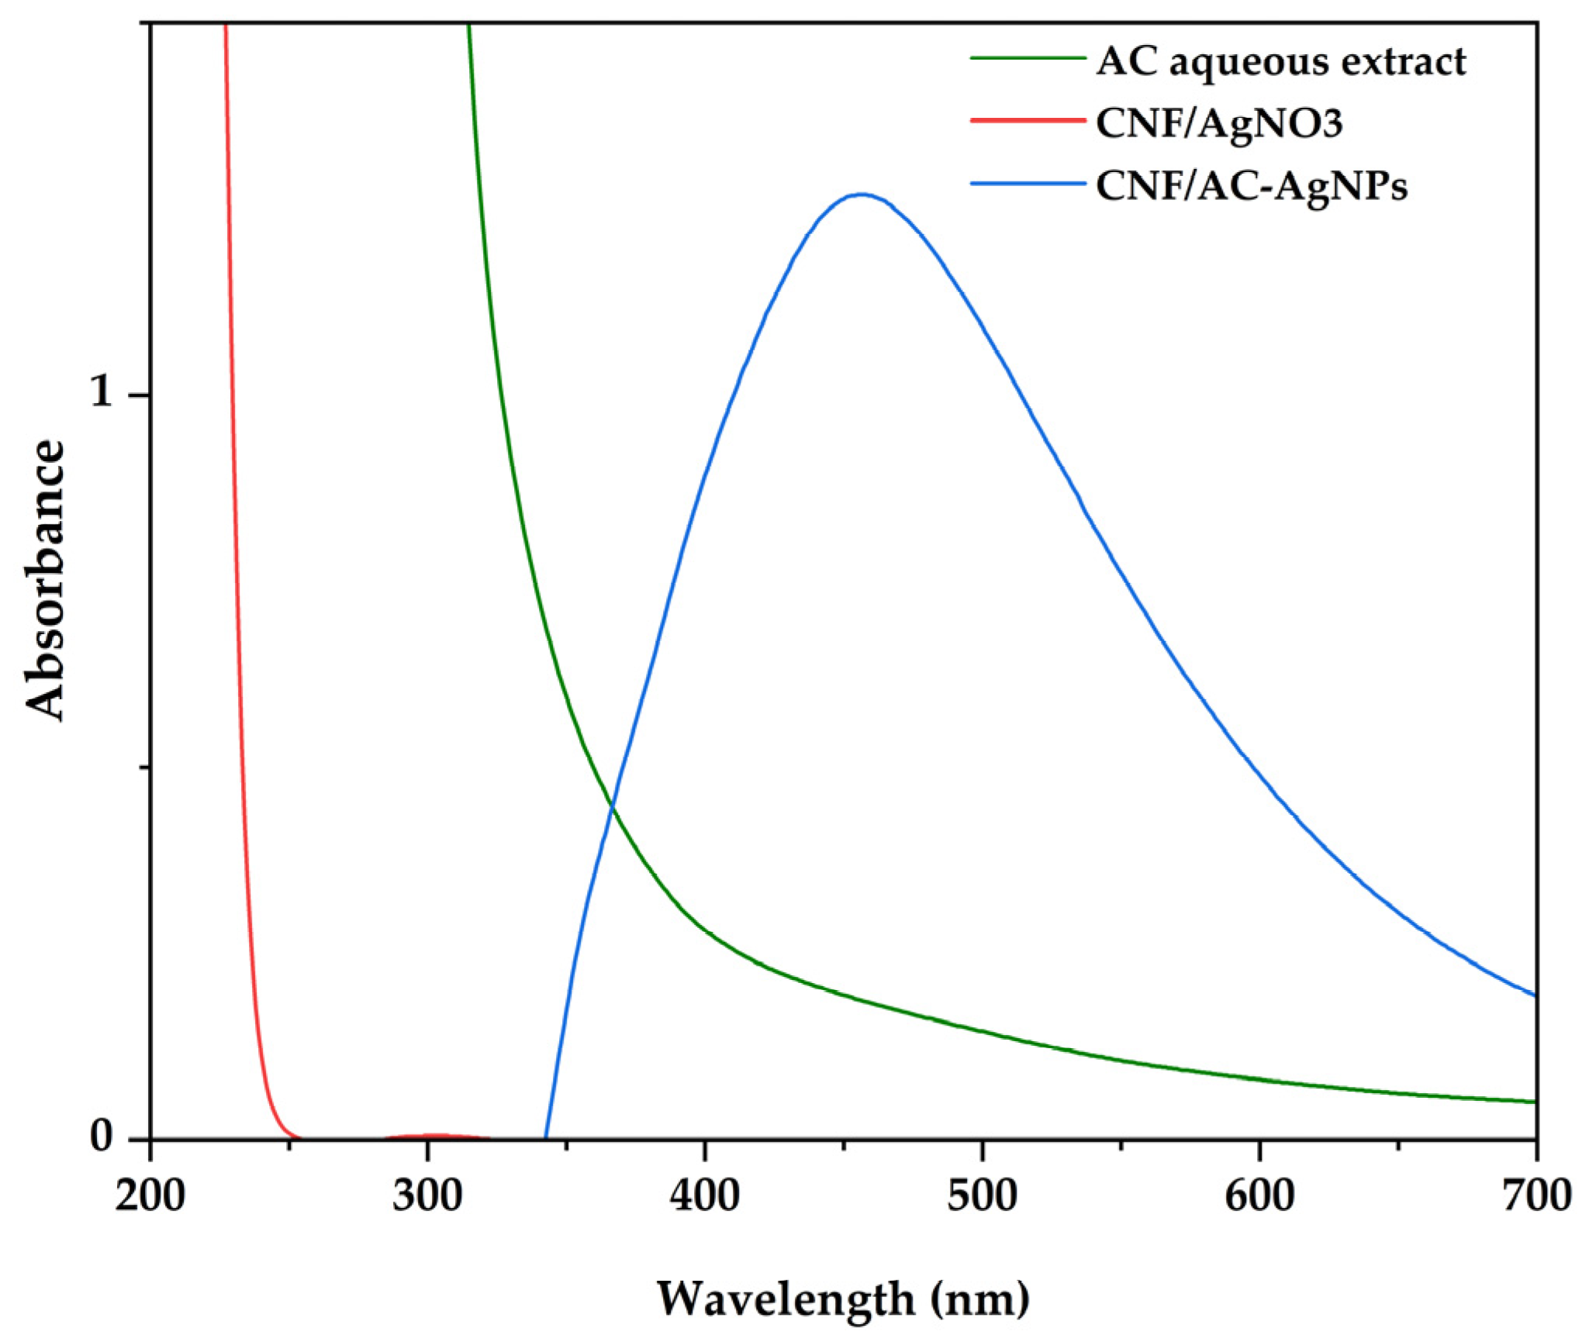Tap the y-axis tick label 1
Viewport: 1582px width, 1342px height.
coord(101,393)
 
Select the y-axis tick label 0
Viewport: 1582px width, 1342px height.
coord(102,1137)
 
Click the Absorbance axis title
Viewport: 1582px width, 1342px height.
coord(45,580)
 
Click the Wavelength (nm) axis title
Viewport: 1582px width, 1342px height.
coord(843,1299)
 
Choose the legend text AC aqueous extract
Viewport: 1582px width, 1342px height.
coord(1280,61)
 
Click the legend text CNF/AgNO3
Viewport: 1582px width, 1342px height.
coord(1218,123)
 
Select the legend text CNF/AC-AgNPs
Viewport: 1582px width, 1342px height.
coord(1251,186)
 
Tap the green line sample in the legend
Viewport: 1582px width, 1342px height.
coord(1028,58)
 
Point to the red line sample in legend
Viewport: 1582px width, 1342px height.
coord(1028,120)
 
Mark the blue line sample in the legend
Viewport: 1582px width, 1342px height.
coord(1028,184)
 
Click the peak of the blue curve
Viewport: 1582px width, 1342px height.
coord(861,194)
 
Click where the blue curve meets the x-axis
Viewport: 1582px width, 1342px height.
coord(546,1138)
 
